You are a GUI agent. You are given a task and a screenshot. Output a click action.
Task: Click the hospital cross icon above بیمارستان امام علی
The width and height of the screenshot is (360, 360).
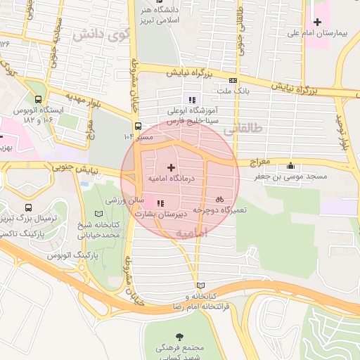coord(317,22)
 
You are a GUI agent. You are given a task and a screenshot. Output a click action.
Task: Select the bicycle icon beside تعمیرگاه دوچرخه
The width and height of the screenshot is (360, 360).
coord(220,199)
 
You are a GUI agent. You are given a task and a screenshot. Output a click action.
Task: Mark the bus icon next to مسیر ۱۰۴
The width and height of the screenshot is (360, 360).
coord(137,127)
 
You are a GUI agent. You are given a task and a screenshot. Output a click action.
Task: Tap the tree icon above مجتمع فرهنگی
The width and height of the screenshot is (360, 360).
coord(183,335)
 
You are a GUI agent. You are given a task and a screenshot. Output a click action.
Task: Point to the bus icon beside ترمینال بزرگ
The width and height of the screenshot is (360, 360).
coord(29,208)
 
